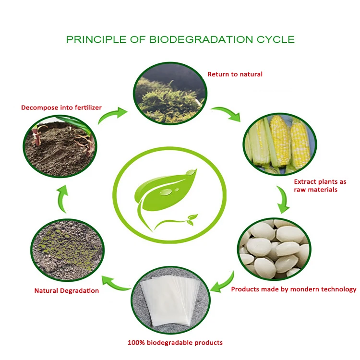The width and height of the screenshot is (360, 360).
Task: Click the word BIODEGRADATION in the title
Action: coord(197,39)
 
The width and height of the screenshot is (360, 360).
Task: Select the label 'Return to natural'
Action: coord(235,74)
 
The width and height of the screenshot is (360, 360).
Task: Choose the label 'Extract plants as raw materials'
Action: coord(320,186)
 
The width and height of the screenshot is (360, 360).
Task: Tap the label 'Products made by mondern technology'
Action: coord(294,289)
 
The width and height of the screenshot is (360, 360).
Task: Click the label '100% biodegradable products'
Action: coord(175,343)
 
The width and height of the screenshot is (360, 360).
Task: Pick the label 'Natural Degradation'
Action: coord(67,290)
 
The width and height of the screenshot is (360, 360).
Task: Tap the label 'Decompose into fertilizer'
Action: coord(61,108)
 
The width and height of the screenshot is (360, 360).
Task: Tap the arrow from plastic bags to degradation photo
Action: coord(115,282)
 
